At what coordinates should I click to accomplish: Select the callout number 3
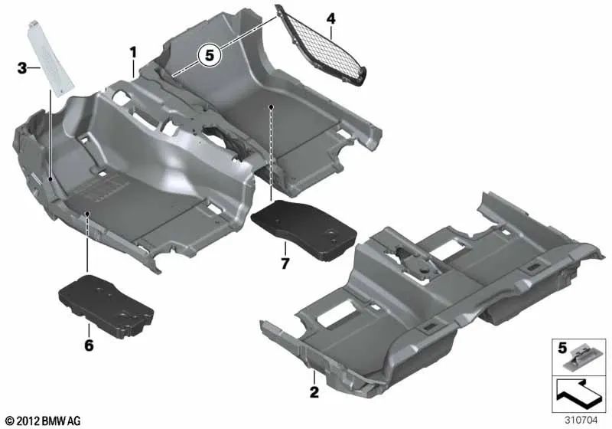click(x=22, y=68)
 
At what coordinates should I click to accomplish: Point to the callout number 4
click(x=330, y=18)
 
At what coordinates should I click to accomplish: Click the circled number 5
click(x=207, y=55)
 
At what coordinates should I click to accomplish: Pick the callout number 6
click(x=89, y=346)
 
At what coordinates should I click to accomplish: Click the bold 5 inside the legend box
click(x=562, y=347)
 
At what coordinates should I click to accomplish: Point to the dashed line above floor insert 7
click(x=272, y=153)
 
